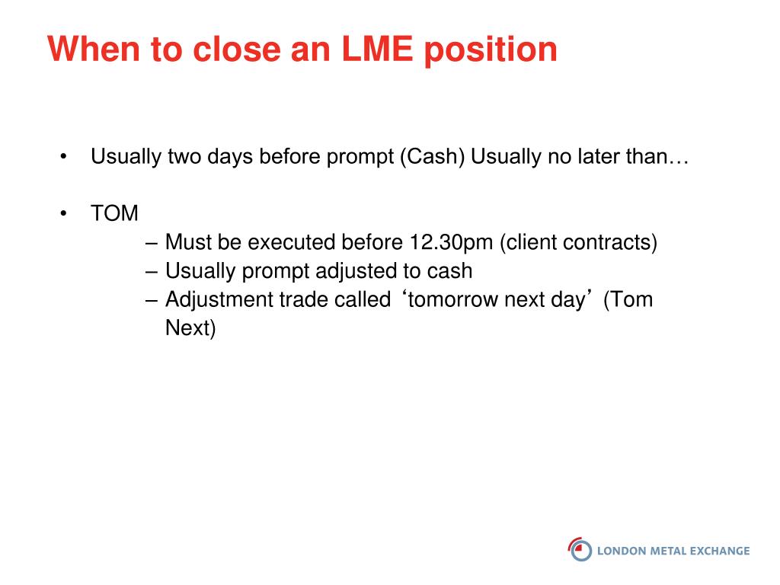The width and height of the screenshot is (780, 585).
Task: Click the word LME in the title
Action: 377,50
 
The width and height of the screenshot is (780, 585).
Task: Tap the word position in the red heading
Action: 491,51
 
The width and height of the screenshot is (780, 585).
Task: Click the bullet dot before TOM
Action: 63,213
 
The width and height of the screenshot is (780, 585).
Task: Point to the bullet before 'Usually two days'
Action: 63,157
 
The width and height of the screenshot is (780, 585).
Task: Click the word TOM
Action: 114,213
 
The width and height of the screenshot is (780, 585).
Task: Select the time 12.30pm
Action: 451,243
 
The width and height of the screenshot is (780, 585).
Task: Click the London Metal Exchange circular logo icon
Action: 580,549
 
